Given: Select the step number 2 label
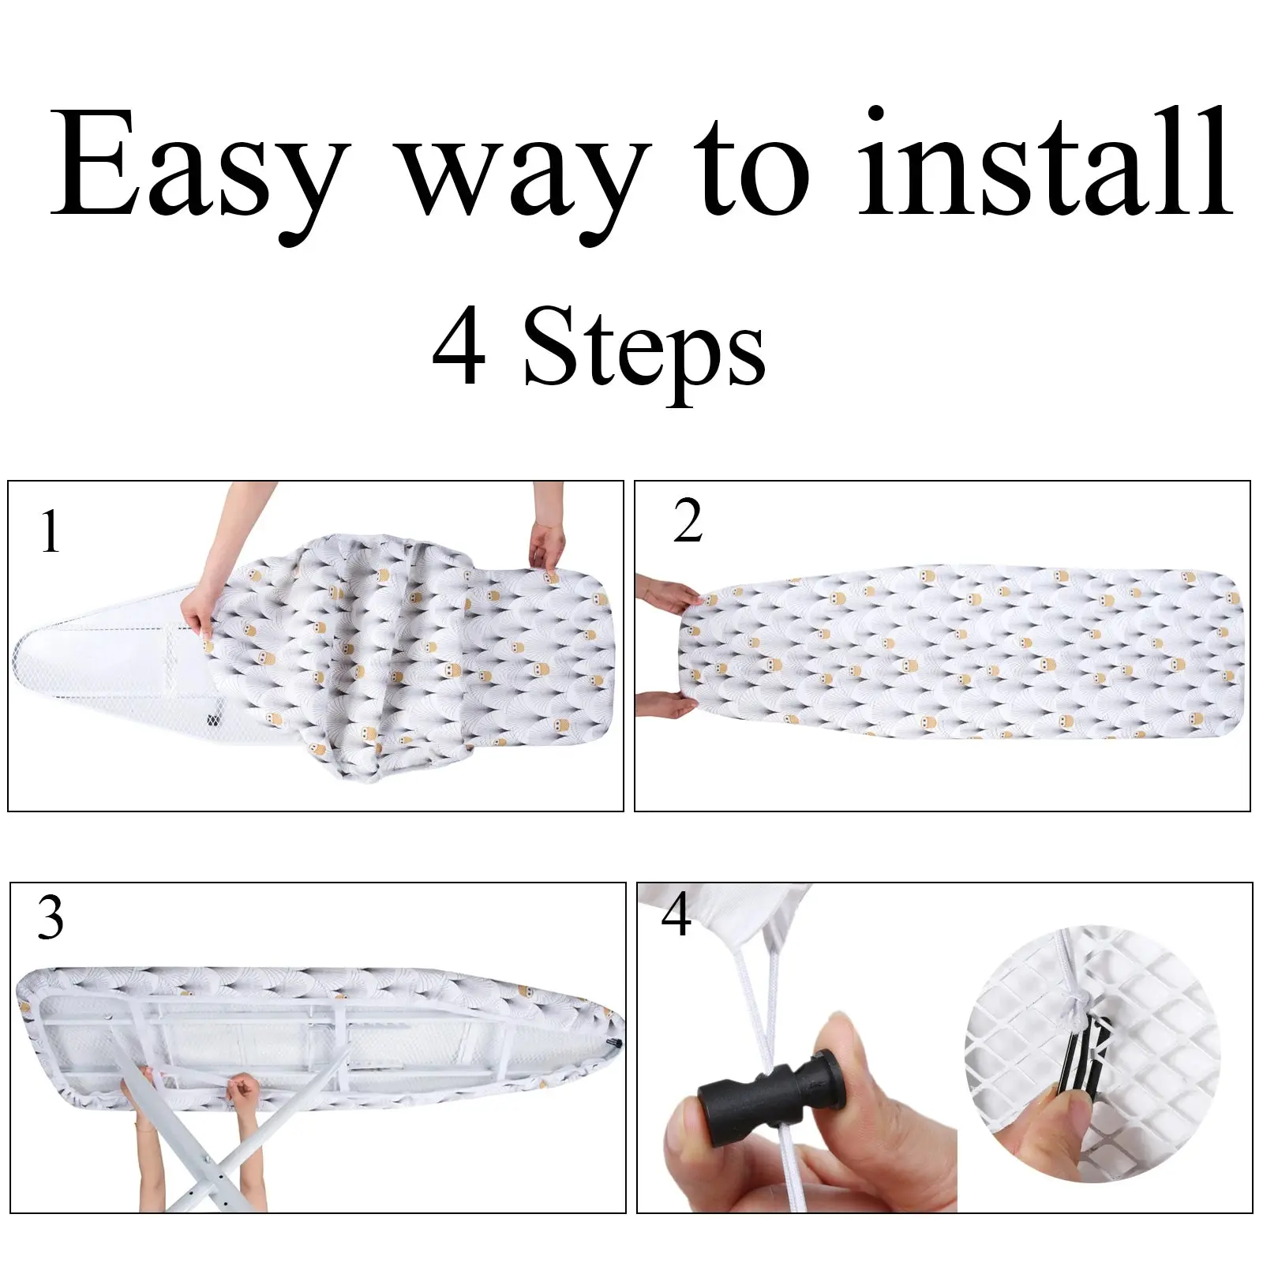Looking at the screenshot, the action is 688,521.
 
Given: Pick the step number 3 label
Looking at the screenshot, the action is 51,917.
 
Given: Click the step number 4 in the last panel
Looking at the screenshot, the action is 676,915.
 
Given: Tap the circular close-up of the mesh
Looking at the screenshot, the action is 1092,1055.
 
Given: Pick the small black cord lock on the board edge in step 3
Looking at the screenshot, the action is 613,1044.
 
